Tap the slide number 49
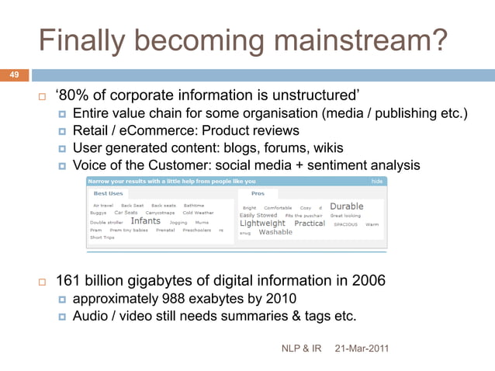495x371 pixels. (x=13, y=75)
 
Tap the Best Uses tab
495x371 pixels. (x=109, y=193)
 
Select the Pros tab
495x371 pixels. (x=258, y=193)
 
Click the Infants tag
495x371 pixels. (x=145, y=221)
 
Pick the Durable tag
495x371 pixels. (x=346, y=206)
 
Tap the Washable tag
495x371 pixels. (x=275, y=232)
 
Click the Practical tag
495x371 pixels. (x=310, y=223)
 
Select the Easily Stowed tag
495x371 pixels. (x=258, y=215)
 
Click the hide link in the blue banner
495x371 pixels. (x=378, y=181)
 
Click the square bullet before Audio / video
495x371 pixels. (x=62, y=316)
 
